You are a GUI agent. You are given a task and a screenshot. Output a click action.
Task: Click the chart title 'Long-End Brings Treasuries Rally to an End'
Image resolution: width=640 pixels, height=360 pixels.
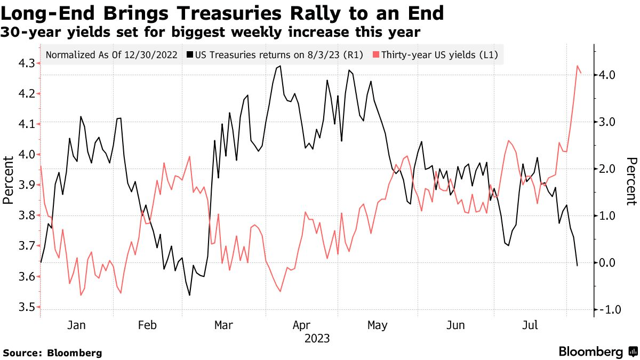(223, 12)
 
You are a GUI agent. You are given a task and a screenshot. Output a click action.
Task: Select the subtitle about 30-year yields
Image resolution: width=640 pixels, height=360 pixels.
(211, 33)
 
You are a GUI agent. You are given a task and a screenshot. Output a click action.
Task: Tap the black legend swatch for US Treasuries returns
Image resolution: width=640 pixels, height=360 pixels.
(190, 54)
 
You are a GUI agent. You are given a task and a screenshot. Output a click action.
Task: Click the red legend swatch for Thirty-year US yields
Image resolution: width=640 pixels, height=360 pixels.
(376, 54)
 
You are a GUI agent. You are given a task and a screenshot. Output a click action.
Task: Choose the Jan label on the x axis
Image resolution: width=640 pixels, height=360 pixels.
(77, 325)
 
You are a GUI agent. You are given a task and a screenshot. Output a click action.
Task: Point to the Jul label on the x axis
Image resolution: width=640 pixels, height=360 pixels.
(530, 325)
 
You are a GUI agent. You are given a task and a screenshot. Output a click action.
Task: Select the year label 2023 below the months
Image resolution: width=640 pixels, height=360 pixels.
(317, 339)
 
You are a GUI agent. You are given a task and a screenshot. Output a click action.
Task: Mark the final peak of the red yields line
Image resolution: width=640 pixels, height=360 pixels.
(578, 66)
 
